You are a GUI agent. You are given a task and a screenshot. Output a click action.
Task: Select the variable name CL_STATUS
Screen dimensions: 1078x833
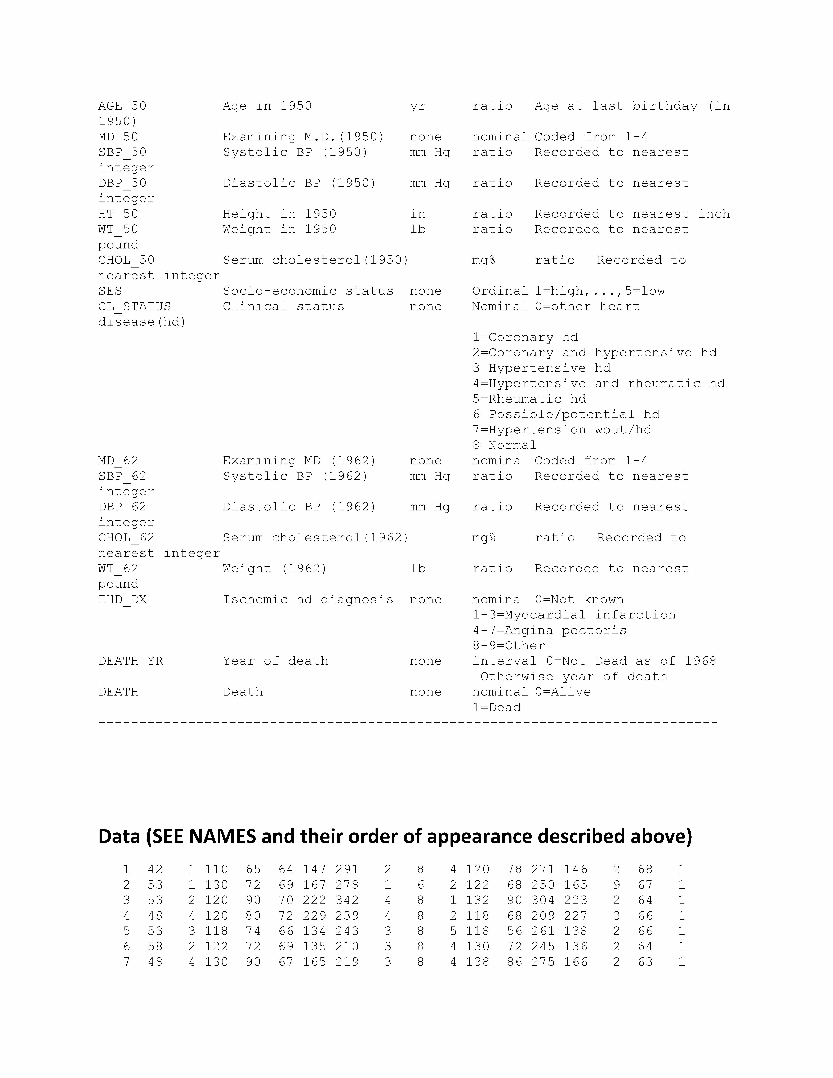point(134,306)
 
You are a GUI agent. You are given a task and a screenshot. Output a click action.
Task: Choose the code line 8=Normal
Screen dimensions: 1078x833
point(504,445)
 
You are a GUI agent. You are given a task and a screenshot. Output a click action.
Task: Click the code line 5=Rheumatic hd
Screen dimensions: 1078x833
point(529,399)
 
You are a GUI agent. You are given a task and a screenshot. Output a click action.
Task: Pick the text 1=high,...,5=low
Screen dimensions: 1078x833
point(600,291)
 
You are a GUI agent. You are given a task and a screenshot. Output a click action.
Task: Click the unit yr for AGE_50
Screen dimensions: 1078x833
point(417,106)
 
